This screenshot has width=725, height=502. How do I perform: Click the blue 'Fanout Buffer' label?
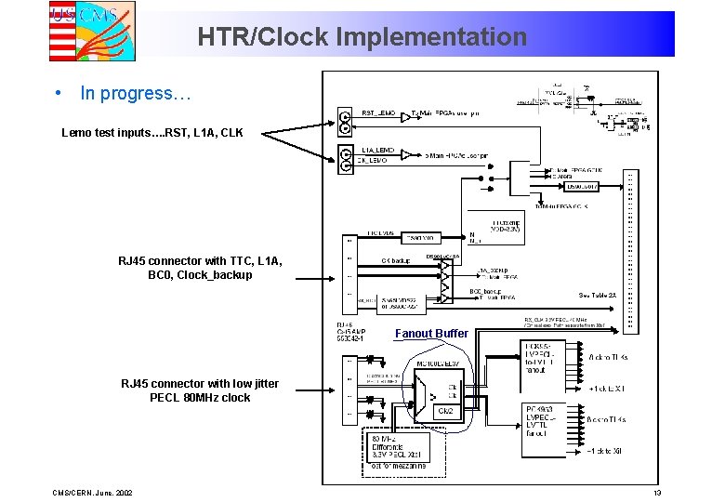[431, 334]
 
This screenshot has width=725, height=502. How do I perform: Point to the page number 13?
[656, 492]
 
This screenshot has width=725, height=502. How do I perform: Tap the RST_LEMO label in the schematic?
[378, 112]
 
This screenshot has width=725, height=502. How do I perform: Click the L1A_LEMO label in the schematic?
[377, 149]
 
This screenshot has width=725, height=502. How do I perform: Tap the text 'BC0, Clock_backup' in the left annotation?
[199, 275]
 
